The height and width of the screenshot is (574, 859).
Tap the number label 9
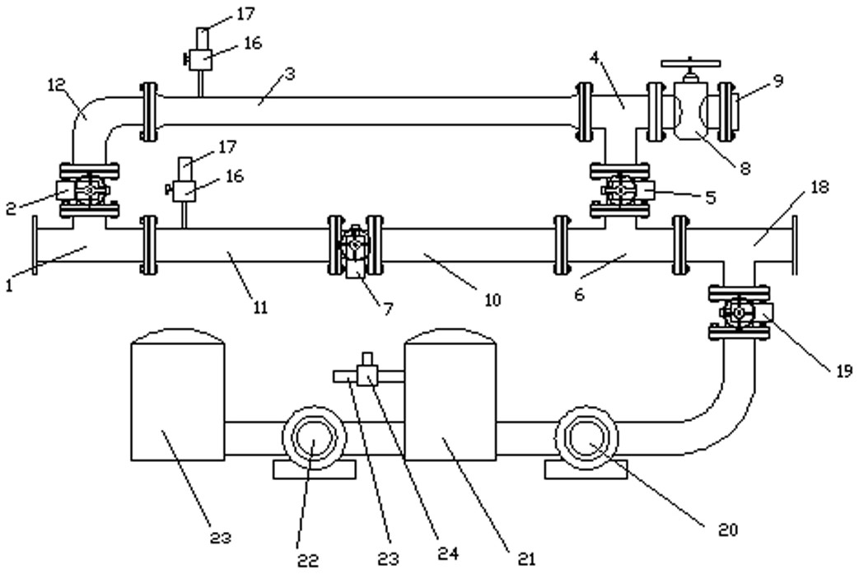pyautogui.click(x=777, y=81)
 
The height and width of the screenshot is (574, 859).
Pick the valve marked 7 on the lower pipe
pyautogui.click(x=355, y=247)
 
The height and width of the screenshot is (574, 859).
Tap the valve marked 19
pyautogui.click(x=738, y=313)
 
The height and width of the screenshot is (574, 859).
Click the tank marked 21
pyautogui.click(x=451, y=404)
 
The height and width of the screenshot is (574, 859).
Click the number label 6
pyautogui.click(x=578, y=295)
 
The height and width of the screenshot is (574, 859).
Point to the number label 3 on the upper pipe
pyautogui.click(x=289, y=72)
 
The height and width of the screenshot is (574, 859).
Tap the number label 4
pyautogui.click(x=594, y=58)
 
